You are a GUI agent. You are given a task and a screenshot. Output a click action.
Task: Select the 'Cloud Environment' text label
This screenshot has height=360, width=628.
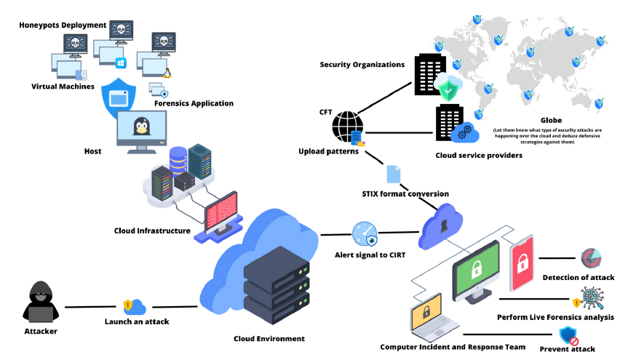[269, 338]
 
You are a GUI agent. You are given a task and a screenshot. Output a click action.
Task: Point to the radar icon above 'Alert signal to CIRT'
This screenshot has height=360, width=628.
[364, 236]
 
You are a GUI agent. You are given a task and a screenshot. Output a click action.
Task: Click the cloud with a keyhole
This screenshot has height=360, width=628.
[442, 227]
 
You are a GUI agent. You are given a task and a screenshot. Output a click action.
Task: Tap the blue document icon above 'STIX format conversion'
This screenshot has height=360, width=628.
[394, 173]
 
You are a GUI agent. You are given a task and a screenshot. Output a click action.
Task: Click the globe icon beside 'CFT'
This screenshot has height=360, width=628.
[347, 126]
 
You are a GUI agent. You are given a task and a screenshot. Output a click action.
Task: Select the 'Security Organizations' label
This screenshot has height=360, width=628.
[362, 65]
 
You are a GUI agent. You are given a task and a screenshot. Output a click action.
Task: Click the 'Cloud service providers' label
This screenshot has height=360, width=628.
[479, 155]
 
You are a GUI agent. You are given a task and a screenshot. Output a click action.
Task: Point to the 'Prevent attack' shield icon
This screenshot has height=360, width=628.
[568, 336]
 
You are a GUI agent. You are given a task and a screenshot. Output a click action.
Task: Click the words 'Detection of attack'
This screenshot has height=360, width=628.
[578, 277]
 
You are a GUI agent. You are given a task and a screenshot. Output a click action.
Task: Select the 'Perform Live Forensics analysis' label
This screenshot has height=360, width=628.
[555, 317]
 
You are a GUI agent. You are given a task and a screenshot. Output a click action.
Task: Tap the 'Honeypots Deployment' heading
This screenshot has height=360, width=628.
[63, 25]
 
